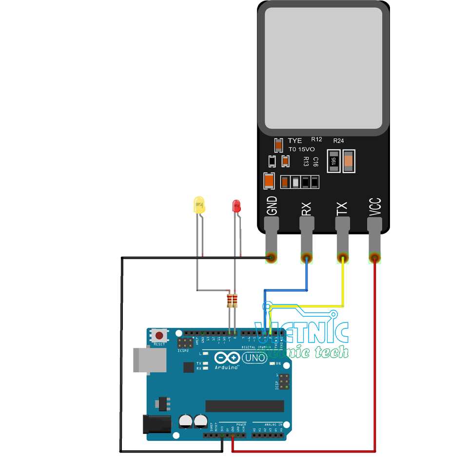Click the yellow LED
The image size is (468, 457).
coord(199,205)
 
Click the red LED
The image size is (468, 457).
coord(236,206)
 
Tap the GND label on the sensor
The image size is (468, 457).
coord(272,206)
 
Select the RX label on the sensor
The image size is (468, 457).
coord(306,209)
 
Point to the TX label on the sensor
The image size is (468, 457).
coord(342,209)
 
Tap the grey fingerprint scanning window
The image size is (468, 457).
coord(323,68)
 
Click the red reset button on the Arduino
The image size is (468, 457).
coord(159,335)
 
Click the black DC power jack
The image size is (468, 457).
coord(156,424)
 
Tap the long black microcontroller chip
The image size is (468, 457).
coord(244,406)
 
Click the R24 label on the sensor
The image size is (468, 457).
coord(338,140)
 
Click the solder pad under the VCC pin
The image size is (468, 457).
coord(374,257)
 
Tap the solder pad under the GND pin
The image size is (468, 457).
coord(272,257)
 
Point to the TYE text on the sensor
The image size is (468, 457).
coord(295,141)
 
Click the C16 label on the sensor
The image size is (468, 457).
coord(315,162)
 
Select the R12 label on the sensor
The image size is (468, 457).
coord(316,139)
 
